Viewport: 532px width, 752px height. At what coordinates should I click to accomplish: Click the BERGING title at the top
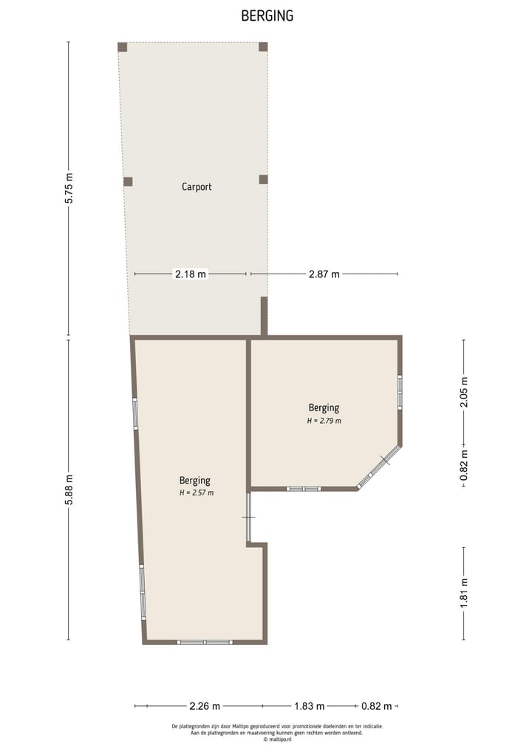click(267, 16)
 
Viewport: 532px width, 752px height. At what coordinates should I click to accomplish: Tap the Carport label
click(197, 187)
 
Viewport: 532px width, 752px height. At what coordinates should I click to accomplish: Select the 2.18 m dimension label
click(191, 274)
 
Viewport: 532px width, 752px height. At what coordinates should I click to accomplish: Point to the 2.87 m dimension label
click(324, 274)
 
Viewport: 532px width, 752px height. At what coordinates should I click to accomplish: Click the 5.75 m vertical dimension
click(69, 189)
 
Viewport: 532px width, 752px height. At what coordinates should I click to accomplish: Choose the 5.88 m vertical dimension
click(69, 490)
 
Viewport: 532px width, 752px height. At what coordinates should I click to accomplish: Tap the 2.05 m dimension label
click(464, 392)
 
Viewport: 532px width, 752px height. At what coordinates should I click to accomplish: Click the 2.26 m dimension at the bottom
click(205, 706)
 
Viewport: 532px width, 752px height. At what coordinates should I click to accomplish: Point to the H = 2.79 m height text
click(324, 421)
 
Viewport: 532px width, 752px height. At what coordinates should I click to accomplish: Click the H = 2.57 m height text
click(196, 492)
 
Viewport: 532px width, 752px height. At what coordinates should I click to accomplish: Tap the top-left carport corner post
click(123, 47)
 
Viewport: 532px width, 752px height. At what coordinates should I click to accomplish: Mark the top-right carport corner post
click(263, 47)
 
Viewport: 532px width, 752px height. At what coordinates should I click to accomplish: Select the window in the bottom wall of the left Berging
click(205, 642)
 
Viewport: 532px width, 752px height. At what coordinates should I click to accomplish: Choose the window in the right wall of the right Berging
click(400, 393)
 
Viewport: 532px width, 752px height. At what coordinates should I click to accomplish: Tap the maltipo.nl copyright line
click(277, 739)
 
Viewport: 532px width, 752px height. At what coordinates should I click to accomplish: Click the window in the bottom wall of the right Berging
click(304, 489)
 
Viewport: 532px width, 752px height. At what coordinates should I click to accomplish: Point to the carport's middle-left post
click(128, 181)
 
